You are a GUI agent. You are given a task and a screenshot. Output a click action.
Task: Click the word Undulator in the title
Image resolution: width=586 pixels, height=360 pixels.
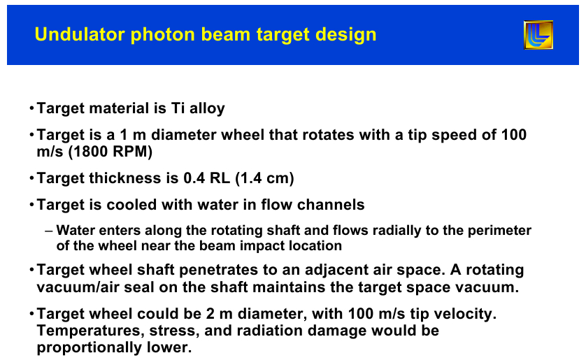(80, 34)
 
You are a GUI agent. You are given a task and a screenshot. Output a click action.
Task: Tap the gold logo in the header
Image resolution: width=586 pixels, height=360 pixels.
(538, 35)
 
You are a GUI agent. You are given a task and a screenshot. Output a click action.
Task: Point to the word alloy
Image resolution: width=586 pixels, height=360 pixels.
(207, 108)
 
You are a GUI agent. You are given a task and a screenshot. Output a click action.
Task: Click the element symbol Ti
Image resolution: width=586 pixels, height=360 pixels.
(178, 108)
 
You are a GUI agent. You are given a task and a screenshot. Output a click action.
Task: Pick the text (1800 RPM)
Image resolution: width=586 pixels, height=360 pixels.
(110, 152)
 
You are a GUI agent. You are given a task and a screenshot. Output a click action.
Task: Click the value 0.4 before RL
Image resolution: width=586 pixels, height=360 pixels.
(194, 178)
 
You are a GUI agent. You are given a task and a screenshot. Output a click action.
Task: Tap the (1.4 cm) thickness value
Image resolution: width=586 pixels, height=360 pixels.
(264, 178)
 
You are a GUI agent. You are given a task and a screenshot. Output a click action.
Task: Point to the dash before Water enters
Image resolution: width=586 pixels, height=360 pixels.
(48, 231)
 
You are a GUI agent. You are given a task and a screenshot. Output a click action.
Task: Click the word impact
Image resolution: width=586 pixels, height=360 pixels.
(262, 246)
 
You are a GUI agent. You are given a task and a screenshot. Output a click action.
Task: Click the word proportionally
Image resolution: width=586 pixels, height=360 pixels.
(90, 348)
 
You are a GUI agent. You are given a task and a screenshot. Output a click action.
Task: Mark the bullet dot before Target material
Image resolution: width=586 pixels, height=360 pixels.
(31, 108)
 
